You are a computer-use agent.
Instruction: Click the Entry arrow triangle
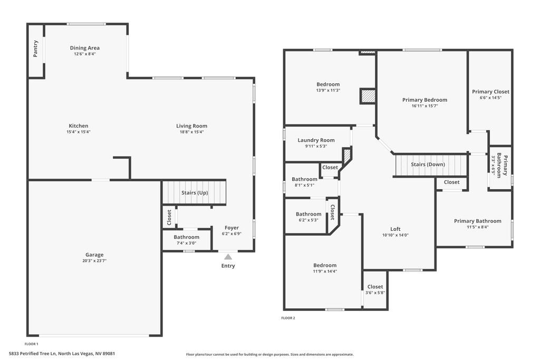(x=228, y=257)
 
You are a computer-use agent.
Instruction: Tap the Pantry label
(x=35, y=48)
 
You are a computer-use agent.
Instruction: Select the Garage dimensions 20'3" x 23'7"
(x=94, y=260)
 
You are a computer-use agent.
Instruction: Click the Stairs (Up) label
(x=195, y=193)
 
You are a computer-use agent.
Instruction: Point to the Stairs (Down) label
(x=428, y=164)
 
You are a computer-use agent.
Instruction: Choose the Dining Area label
(x=85, y=48)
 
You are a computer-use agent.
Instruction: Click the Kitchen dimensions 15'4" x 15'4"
(x=79, y=132)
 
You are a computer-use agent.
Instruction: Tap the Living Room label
(x=192, y=126)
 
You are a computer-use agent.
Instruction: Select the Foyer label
(x=232, y=228)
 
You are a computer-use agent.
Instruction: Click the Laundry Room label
(x=316, y=140)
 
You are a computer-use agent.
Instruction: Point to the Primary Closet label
(x=490, y=92)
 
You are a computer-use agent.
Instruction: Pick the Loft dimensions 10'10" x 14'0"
(x=396, y=235)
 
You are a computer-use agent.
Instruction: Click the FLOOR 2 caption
(x=288, y=318)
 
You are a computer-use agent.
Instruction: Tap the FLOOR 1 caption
(x=31, y=344)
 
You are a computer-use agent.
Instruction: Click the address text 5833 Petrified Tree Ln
(x=33, y=354)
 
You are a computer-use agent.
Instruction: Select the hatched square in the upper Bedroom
(x=368, y=96)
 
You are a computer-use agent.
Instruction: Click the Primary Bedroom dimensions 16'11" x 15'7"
(x=425, y=106)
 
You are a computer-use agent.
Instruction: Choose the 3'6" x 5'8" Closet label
(x=375, y=287)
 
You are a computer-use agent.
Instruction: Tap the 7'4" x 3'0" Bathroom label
(x=186, y=237)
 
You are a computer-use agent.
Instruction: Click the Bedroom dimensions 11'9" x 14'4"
(x=325, y=271)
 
